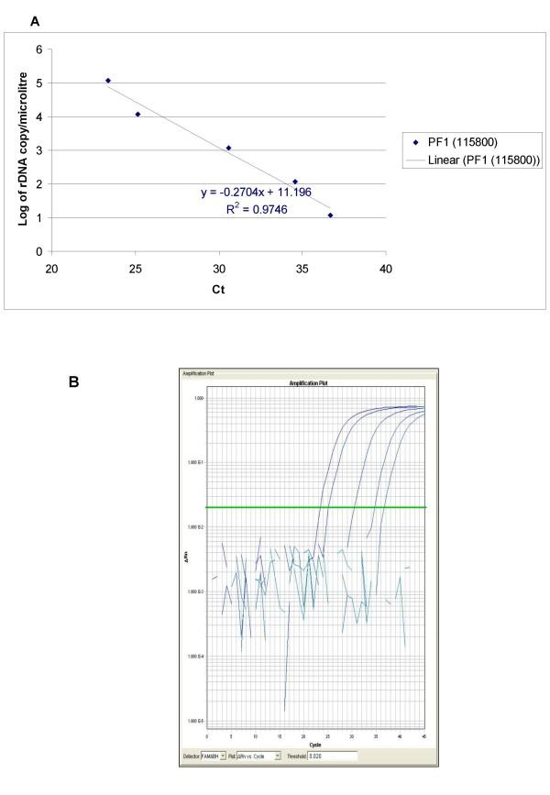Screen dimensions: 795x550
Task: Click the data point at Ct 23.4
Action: tap(108, 81)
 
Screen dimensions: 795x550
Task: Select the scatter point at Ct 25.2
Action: tap(137, 115)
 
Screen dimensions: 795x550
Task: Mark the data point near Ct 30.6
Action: tap(228, 148)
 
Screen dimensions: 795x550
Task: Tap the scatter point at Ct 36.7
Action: tap(330, 215)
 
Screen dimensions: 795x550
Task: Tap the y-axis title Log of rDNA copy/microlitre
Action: tap(16, 149)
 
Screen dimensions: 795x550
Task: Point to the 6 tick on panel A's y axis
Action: tap(39, 50)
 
